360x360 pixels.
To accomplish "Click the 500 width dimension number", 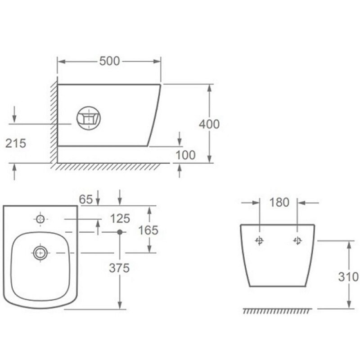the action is [x=109, y=61].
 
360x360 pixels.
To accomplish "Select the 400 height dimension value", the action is [x=209, y=124].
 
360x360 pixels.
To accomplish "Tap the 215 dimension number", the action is [x=16, y=144].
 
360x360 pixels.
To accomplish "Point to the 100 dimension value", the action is [x=185, y=155].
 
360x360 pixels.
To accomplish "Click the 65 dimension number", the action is [x=86, y=199].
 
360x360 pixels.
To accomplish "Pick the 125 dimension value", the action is [x=120, y=218].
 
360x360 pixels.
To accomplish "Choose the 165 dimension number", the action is [x=148, y=230].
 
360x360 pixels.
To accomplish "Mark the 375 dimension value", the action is [x=119, y=268].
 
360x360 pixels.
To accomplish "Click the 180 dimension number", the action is [x=279, y=202].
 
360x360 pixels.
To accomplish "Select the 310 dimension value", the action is [x=348, y=277].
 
